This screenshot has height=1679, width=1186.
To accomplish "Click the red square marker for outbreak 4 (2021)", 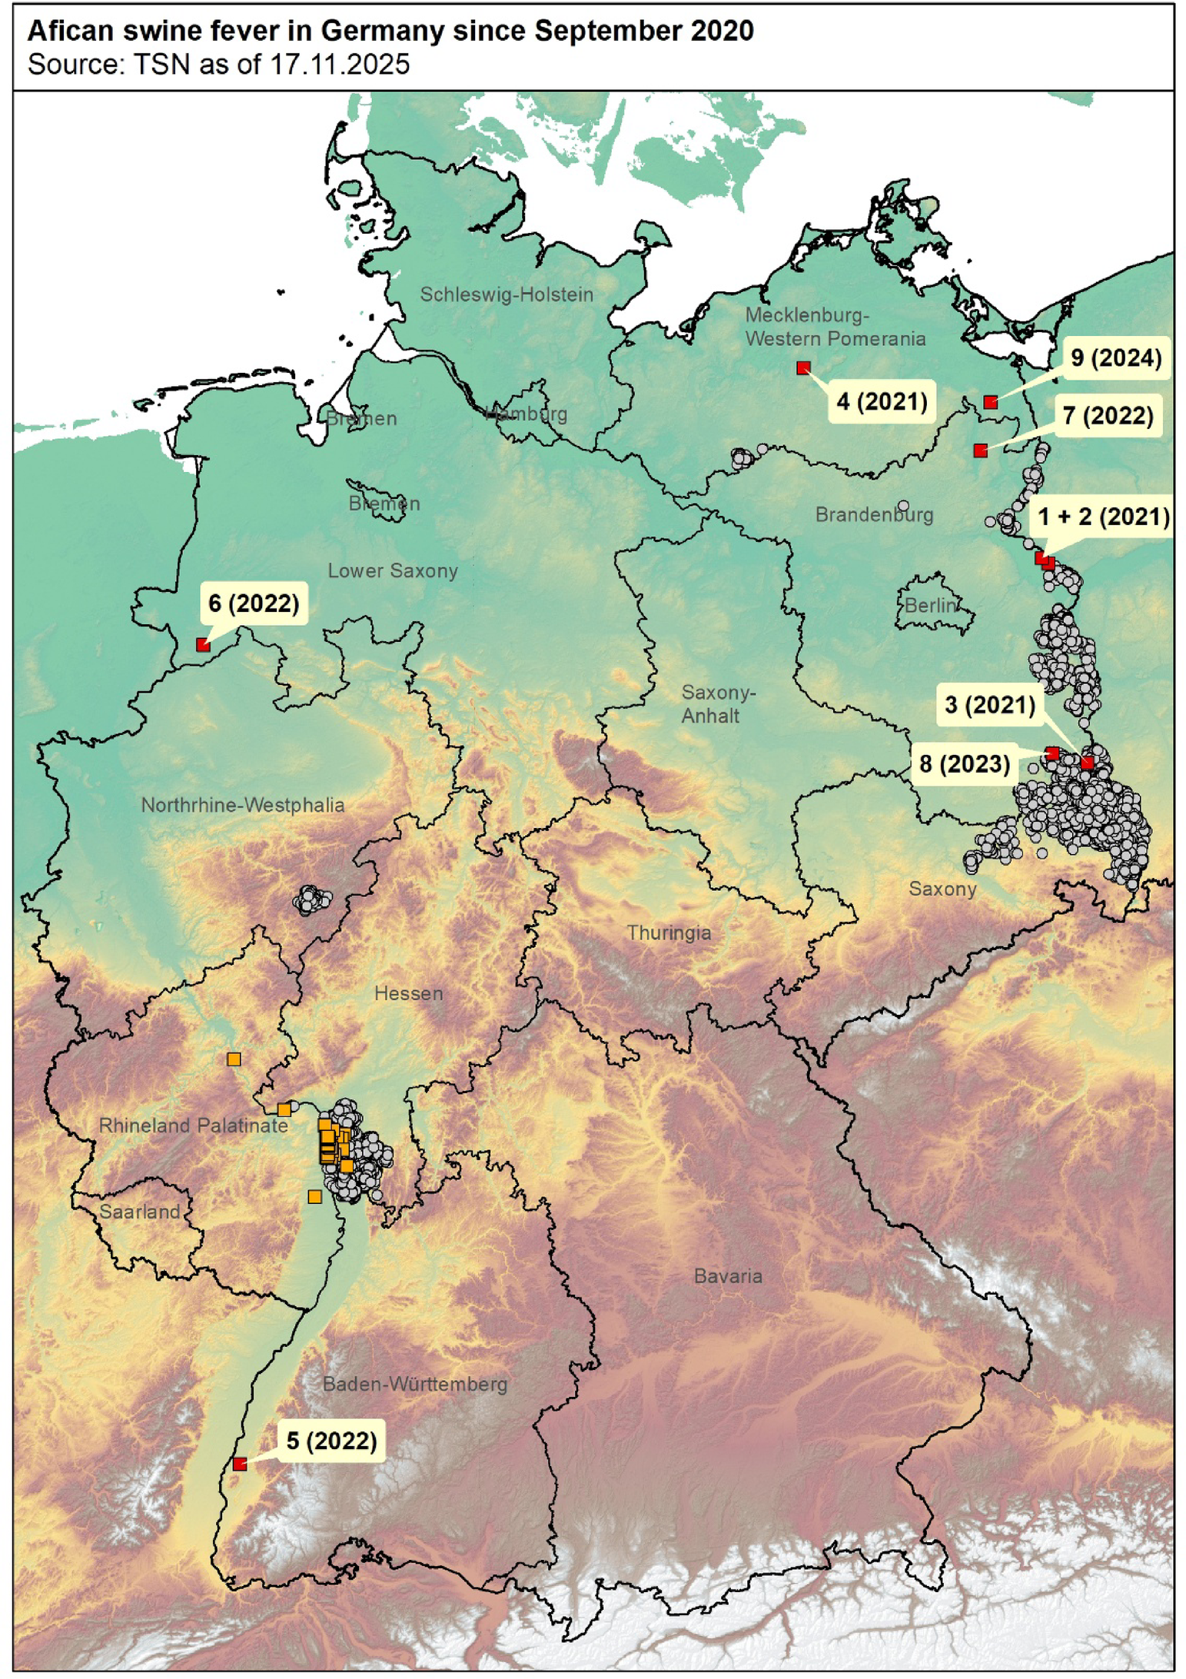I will [803, 368].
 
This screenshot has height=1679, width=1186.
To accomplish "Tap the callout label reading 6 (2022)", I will [254, 603].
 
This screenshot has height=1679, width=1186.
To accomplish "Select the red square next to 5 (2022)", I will [240, 1464].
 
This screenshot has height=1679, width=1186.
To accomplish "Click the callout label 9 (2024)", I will [1116, 358].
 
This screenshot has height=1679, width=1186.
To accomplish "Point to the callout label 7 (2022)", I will [1108, 416].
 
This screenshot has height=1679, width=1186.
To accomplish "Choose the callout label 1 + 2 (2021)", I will [1104, 517].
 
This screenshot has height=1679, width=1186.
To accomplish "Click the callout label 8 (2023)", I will [965, 764].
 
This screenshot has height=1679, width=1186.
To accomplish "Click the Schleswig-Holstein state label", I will [507, 294].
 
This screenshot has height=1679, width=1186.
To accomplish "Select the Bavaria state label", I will [728, 1277].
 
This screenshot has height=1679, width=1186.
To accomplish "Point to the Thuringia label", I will [669, 933].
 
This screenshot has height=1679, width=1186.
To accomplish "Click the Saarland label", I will [139, 1212].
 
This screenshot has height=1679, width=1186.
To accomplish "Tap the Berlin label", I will [930, 606].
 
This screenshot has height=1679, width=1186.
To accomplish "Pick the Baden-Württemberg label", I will [415, 1385].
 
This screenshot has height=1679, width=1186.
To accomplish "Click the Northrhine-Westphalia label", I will [243, 806].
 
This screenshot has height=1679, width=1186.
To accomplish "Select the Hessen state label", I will [408, 994].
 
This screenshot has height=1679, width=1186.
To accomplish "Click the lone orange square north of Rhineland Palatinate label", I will [234, 1059].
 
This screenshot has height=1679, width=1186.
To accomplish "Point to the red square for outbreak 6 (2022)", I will [203, 645].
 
